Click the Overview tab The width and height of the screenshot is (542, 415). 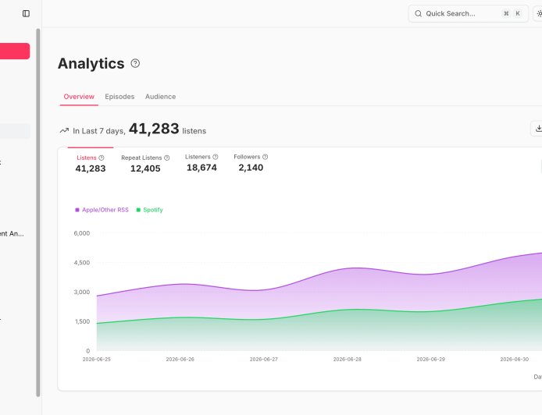(79, 97)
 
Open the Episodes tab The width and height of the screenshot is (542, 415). (119, 97)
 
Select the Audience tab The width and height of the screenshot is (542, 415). (160, 97)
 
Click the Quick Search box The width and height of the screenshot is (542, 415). (469, 13)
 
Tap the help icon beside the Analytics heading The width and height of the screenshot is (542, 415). (135, 63)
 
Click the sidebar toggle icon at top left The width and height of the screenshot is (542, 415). (26, 13)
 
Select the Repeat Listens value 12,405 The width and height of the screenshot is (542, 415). (145, 168)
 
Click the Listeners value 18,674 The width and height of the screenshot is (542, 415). (201, 168)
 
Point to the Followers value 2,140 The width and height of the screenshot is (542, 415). (251, 168)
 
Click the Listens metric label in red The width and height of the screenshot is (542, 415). (87, 158)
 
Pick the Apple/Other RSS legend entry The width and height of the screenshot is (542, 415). (102, 210)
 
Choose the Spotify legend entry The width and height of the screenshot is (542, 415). (150, 210)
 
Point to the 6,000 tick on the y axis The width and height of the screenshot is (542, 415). (82, 233)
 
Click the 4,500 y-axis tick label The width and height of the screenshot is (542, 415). (82, 263)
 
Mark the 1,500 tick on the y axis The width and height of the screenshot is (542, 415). (82, 321)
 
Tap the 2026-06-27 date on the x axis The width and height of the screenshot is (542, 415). (264, 359)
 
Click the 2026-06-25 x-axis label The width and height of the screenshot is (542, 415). (96, 359)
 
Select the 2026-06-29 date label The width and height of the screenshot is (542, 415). (430, 359)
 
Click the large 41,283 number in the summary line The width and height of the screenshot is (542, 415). (154, 129)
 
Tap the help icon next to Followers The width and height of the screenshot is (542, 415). (265, 157)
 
